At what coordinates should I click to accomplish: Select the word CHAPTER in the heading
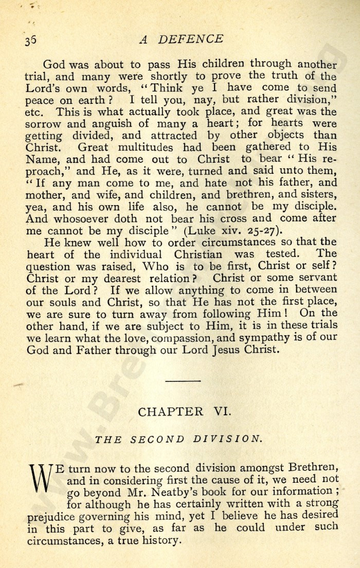[170, 412]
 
